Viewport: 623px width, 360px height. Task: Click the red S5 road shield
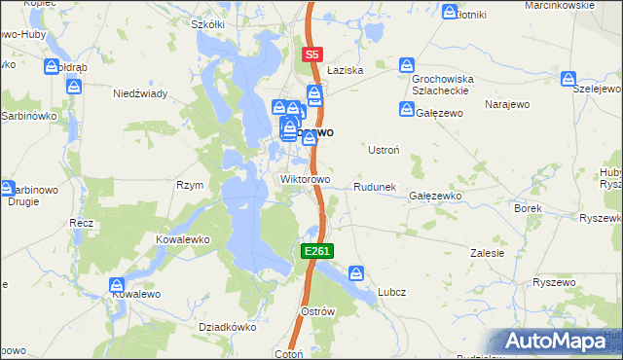[311, 55]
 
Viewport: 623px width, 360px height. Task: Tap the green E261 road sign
[317, 251]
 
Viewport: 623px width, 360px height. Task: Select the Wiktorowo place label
[306, 180]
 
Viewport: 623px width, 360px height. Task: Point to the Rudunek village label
[373, 186]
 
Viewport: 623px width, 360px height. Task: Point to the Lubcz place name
[392, 292]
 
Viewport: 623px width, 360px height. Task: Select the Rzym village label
[189, 185]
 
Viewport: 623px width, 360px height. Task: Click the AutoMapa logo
[559, 342]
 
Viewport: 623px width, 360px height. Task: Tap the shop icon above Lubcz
[356, 273]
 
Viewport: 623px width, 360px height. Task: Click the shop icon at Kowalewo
[116, 284]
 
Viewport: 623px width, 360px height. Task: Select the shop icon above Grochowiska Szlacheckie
[407, 64]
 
